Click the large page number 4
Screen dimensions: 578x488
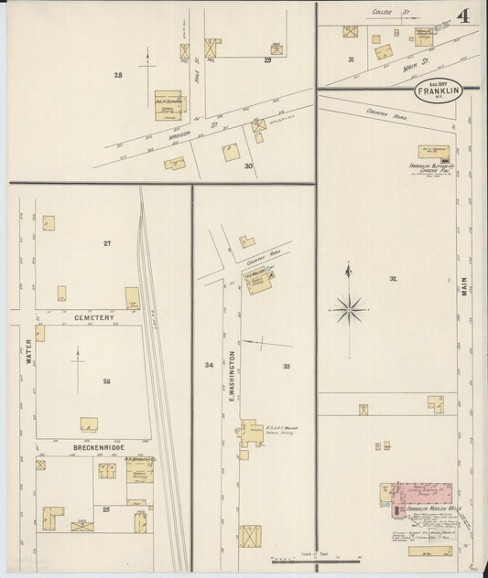[x=464, y=16]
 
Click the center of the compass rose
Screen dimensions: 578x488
[x=349, y=310]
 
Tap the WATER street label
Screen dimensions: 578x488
[x=29, y=352]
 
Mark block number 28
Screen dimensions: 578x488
[x=118, y=75]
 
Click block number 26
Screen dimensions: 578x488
[x=106, y=381]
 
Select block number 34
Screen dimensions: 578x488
[x=209, y=365]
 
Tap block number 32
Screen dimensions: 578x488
[x=393, y=278]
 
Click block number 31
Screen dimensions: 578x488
[x=351, y=59]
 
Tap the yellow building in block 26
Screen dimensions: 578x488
[x=89, y=423]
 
